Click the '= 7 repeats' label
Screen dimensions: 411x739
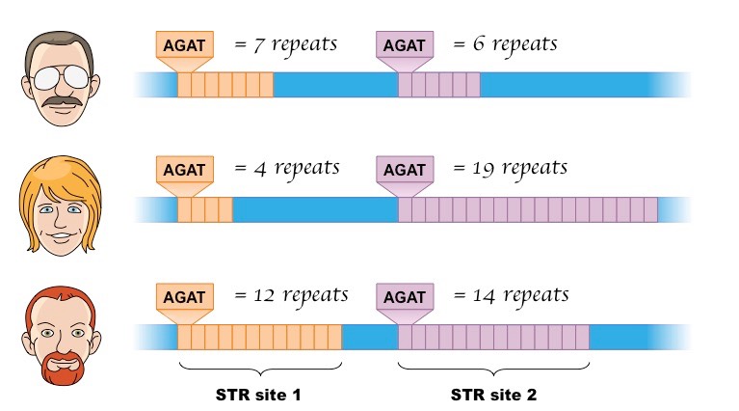(x=286, y=44)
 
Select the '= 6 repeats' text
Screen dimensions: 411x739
(x=504, y=44)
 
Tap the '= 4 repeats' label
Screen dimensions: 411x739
(x=286, y=168)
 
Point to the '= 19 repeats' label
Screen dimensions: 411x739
(x=510, y=168)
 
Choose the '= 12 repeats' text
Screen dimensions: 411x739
(x=291, y=294)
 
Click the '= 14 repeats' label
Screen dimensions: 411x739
(x=510, y=294)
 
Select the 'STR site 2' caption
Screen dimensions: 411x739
(x=493, y=395)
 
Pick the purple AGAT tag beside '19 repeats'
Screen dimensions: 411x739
(x=403, y=170)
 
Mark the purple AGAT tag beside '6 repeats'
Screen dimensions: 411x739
(x=403, y=45)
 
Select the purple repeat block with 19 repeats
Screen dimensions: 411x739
(x=528, y=209)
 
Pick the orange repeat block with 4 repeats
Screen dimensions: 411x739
(x=204, y=209)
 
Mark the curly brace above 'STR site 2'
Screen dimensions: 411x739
(x=493, y=370)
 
